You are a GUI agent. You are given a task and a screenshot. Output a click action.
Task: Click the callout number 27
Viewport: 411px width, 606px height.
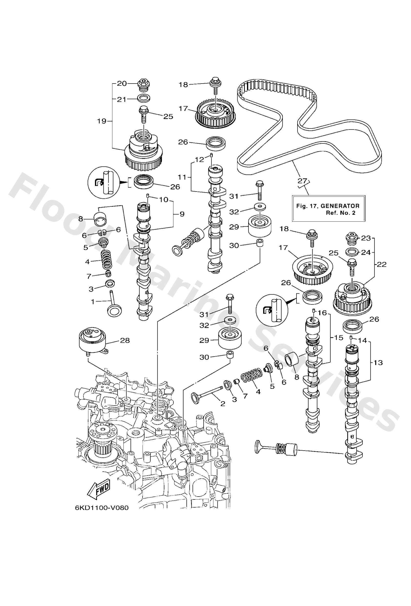click(303, 181)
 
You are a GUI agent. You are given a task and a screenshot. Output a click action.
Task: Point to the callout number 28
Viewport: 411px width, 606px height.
click(125, 340)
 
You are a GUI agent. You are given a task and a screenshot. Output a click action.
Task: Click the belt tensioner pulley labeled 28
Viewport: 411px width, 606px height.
click(93, 340)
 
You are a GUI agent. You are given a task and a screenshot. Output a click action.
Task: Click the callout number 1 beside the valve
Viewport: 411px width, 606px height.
click(93, 302)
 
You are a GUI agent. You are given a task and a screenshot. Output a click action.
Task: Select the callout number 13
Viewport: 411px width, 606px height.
click(378, 362)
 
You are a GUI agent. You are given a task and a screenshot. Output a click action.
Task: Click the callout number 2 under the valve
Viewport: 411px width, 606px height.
click(223, 404)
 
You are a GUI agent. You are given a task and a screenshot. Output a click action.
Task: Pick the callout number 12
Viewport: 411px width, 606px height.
click(199, 159)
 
